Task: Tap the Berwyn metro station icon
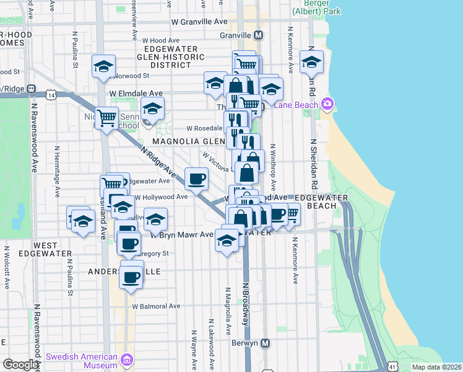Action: [266, 343]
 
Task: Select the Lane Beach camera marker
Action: [326, 105]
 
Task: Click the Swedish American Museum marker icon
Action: [127, 360]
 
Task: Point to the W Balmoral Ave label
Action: [155, 306]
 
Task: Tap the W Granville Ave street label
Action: [199, 21]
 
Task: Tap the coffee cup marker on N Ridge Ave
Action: [197, 179]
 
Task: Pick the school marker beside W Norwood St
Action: [103, 66]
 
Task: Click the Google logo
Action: [20, 365]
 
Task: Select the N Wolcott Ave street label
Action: [7, 267]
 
